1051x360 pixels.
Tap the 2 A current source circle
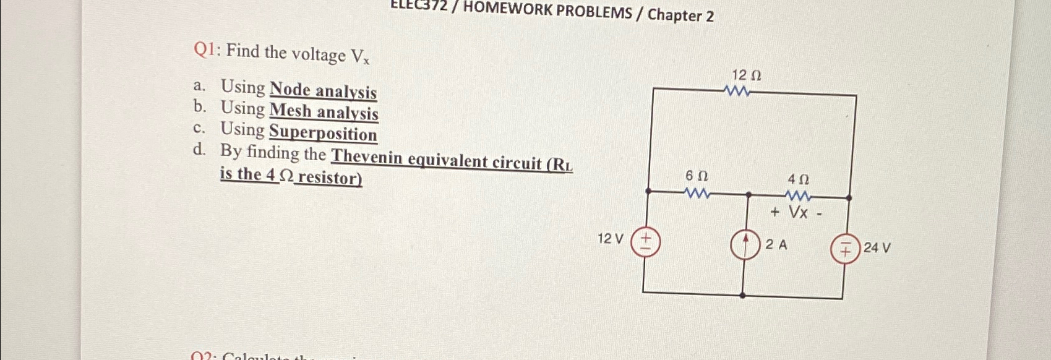tap(745, 245)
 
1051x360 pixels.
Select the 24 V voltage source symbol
tap(845, 249)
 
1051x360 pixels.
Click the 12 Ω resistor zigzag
tap(737, 92)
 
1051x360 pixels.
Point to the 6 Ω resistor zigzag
tap(697, 194)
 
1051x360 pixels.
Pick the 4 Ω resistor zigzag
tap(798, 197)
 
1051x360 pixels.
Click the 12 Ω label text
tap(746, 75)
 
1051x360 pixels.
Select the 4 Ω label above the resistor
tap(798, 179)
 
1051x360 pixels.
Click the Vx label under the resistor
tap(798, 213)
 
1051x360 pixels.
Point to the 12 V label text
tap(611, 238)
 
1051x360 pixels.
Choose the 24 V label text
tap(877, 248)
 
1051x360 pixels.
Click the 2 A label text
tap(776, 244)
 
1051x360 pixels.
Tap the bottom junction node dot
tap(743, 296)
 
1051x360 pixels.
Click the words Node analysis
tap(323, 90)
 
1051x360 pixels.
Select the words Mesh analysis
tap(324, 111)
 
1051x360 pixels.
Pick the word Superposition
tap(322, 133)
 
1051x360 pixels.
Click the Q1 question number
tap(204, 49)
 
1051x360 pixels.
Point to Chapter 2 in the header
tap(680, 15)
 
